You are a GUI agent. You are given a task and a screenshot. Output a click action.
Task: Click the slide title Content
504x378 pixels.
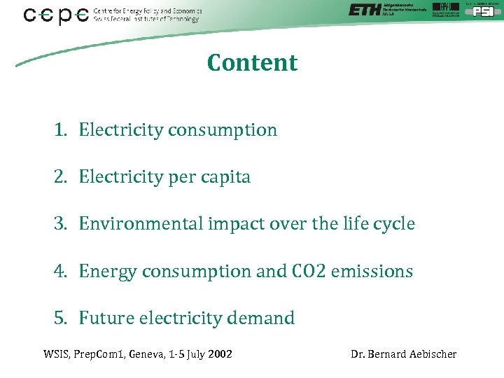tap(252, 63)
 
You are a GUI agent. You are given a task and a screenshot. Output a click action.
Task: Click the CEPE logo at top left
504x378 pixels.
tap(56, 15)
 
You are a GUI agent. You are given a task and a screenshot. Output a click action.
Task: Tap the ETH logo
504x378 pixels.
tap(365, 10)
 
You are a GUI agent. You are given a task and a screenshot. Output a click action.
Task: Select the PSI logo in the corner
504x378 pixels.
tap(483, 10)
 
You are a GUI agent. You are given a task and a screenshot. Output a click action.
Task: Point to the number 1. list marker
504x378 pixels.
tap(61, 130)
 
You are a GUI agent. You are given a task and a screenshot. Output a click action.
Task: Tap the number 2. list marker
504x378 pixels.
tap(61, 177)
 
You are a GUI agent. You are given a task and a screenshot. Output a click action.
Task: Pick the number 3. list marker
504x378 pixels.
tap(61, 224)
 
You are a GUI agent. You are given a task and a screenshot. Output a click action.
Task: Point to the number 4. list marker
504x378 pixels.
tap(61, 271)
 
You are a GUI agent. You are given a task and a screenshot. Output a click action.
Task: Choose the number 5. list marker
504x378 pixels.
tap(61, 318)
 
